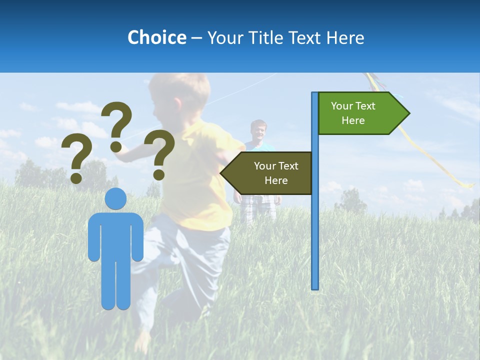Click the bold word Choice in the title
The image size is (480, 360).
click(156, 37)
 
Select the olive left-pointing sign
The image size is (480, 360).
click(270, 173)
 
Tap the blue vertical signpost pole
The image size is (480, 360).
click(315, 225)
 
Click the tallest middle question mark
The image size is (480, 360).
click(117, 125)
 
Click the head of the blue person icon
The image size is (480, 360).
click(116, 199)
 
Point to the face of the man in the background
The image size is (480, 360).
click(258, 130)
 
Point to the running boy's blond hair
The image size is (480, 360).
click(175, 87)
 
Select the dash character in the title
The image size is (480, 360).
click(196, 38)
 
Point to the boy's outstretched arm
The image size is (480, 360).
click(135, 152)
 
